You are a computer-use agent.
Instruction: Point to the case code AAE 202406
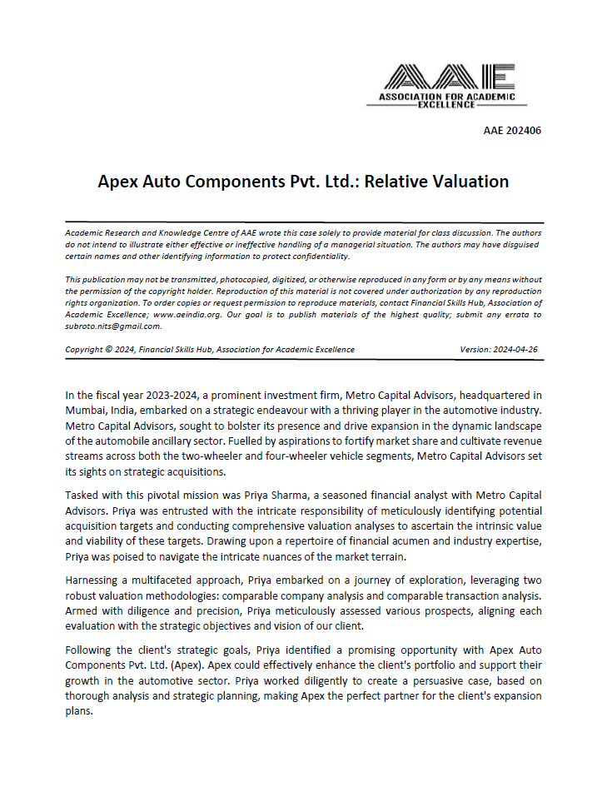tap(512, 131)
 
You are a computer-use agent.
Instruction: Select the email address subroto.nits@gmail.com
tap(112, 326)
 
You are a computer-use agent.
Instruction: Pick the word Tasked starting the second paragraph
tap(83, 495)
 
